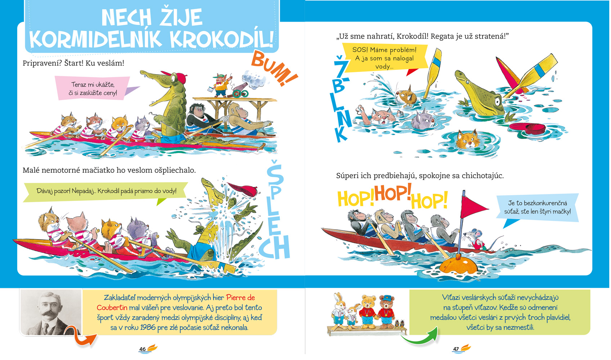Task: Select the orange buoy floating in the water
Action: coord(459,265)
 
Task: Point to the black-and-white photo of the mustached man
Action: coord(51,312)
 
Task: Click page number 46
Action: coord(142,349)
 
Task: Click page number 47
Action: coord(456,349)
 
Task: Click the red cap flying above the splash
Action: coord(242,189)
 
